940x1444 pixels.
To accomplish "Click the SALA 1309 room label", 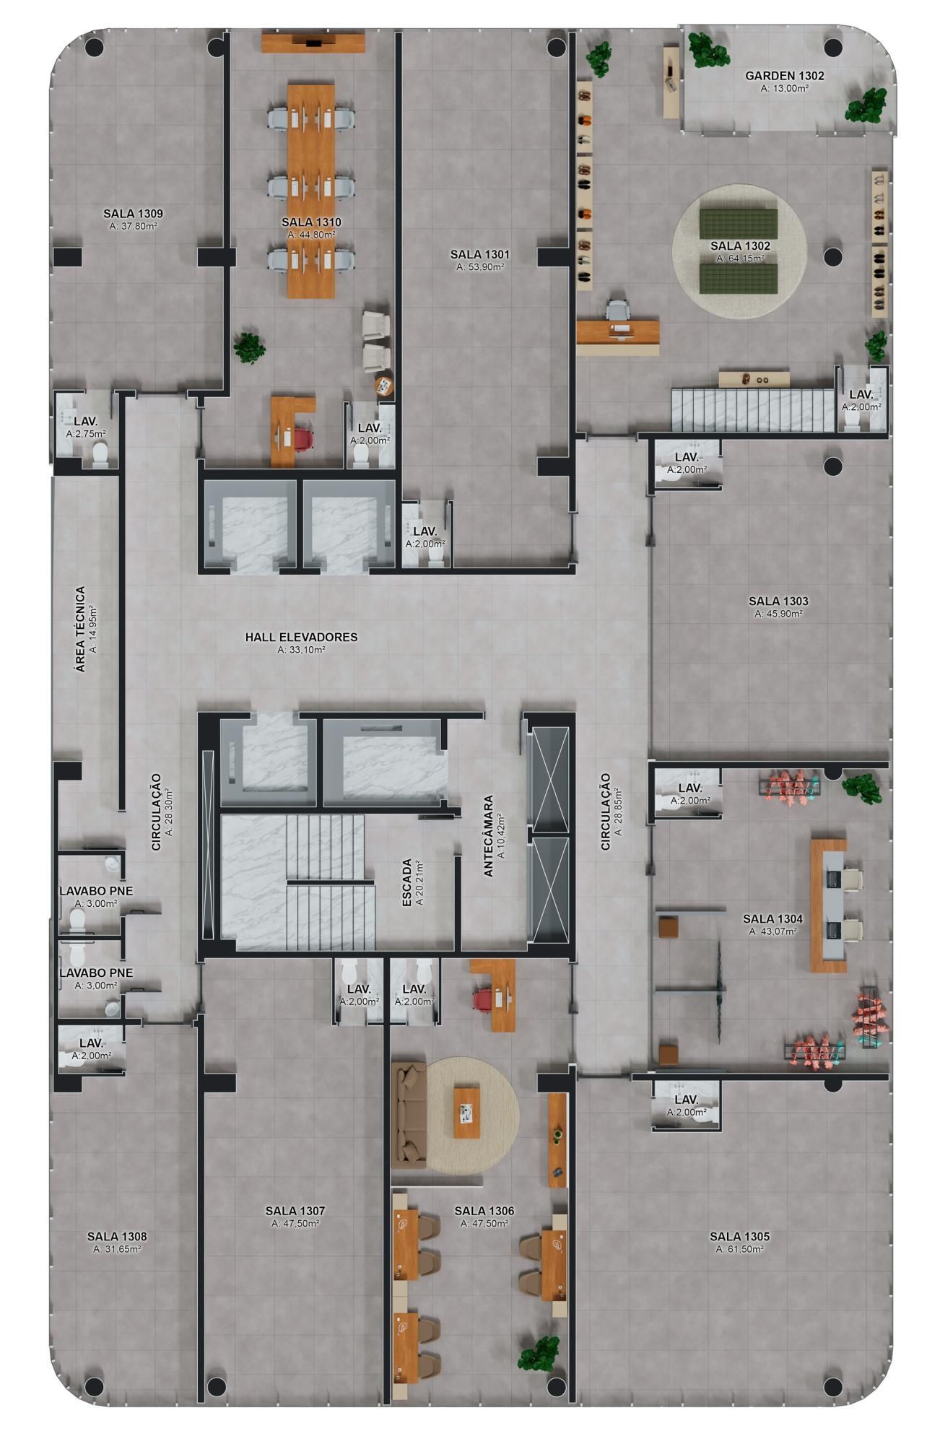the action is [x=133, y=214].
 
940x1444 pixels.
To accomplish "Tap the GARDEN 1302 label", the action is [x=785, y=75].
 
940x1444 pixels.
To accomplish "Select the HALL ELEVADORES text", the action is [x=301, y=638].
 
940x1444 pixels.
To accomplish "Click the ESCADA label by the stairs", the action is [x=407, y=883].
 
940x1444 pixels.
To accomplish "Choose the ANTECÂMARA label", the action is [x=488, y=837].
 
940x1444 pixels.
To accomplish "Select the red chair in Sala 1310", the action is [x=303, y=440].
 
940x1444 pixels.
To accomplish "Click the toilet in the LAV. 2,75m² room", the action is [x=100, y=453].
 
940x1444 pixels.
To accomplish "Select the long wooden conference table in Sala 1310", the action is [x=311, y=191].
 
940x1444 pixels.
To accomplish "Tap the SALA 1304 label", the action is [x=773, y=919].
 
